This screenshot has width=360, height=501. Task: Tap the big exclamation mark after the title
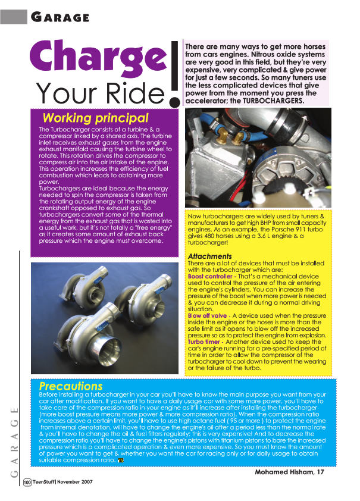tap(175, 74)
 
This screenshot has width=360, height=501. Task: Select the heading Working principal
tap(95, 118)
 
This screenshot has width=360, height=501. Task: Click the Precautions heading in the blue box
tap(70, 386)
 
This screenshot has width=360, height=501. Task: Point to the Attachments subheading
tap(209, 256)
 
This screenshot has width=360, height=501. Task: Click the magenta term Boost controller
tap(210, 277)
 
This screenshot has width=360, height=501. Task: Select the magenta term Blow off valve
tap(207, 315)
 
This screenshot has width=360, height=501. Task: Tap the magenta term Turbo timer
tap(204, 342)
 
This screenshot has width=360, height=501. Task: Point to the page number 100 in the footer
tap(27, 482)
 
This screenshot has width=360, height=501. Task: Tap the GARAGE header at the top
tap(60, 17)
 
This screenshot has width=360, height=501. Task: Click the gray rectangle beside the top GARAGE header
tap(13, 15)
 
